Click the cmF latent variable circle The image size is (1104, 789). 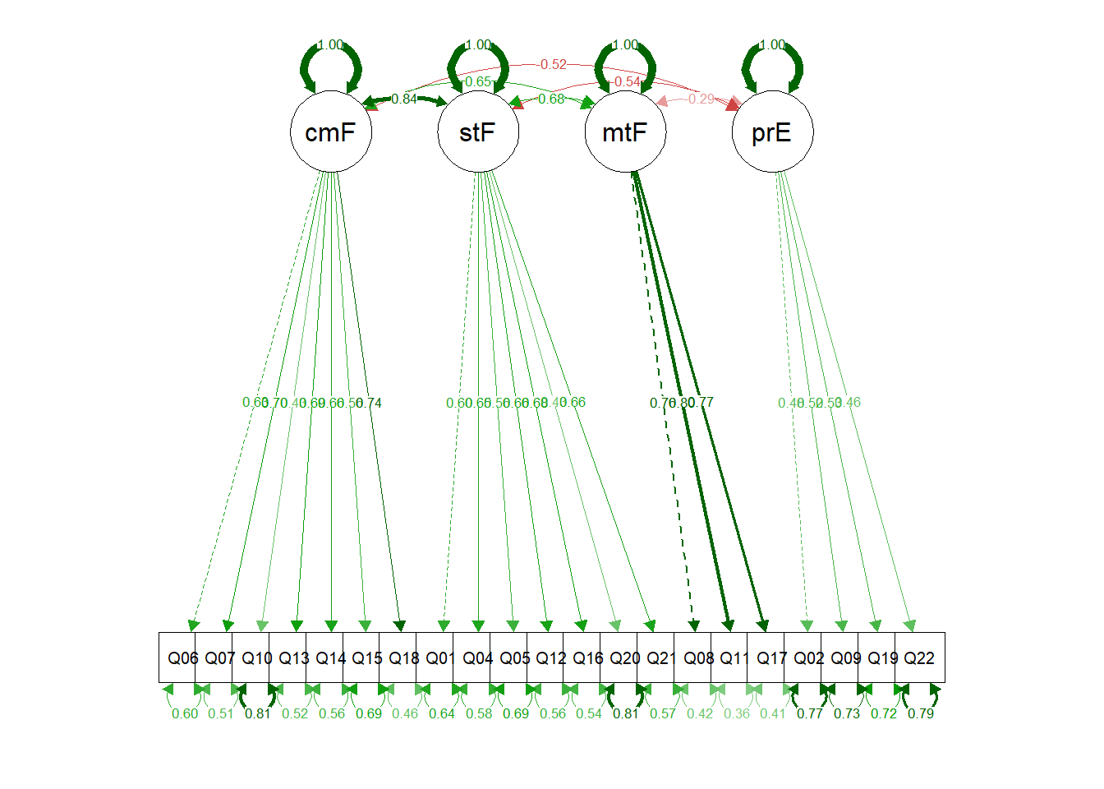point(331,131)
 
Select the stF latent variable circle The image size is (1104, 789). point(478,131)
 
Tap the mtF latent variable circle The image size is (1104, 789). point(625,131)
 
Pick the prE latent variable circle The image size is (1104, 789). point(772,131)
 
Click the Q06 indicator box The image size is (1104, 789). point(182,657)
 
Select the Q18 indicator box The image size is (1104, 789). point(403,657)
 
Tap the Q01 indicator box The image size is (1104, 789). point(440,657)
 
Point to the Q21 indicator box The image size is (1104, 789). point(661,657)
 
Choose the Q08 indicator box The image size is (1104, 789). point(698,657)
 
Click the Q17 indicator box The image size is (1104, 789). point(771,657)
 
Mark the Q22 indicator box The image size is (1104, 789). point(919,657)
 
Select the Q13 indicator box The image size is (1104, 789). point(293,657)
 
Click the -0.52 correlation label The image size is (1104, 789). point(553,64)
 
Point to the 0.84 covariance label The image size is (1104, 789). point(403,99)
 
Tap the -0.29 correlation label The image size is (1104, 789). point(701,99)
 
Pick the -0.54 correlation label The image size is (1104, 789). point(627,81)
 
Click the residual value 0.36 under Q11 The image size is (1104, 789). point(737,713)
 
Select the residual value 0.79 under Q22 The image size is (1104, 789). point(921,713)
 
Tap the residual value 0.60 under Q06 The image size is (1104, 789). point(185,713)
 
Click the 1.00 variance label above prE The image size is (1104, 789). point(772,44)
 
